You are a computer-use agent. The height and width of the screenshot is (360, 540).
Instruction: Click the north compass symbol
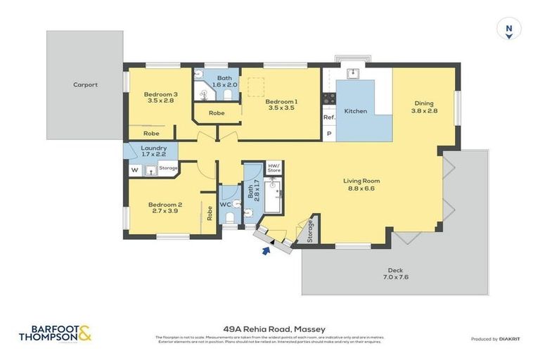(x=508, y=30)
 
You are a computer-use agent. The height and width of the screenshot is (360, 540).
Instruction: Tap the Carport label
(x=85, y=85)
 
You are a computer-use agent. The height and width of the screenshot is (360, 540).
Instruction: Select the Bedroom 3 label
(x=160, y=98)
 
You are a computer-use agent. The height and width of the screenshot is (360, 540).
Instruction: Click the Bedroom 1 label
(x=281, y=105)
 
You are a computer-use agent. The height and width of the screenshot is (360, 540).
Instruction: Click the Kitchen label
(x=355, y=111)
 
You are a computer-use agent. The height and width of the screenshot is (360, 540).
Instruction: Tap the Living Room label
(x=361, y=185)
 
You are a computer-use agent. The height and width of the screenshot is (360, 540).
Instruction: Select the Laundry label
(x=153, y=151)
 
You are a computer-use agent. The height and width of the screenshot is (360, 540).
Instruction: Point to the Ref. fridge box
(x=328, y=117)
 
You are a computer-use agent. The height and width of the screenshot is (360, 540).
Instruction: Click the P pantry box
(x=328, y=134)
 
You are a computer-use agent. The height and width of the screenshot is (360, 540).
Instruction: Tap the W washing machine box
(x=134, y=169)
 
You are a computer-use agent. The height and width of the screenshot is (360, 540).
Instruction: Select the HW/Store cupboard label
(x=274, y=168)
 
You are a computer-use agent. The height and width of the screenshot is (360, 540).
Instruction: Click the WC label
(x=225, y=205)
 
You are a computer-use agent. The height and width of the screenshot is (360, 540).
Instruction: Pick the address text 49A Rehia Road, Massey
(x=269, y=328)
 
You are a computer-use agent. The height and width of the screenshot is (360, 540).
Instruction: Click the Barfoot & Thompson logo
(x=55, y=333)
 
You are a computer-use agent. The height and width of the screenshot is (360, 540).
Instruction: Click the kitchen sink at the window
(x=354, y=72)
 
